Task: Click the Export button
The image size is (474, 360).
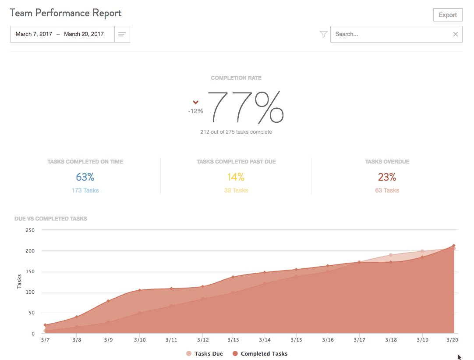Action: (x=448, y=15)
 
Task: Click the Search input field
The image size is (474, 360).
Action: (x=390, y=34)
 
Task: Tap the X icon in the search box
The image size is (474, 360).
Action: (x=455, y=34)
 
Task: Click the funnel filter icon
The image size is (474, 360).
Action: (x=324, y=34)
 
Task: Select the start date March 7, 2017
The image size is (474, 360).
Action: (x=34, y=34)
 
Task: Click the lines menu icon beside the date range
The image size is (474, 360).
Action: (x=122, y=34)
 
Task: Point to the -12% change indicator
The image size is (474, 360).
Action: (x=195, y=111)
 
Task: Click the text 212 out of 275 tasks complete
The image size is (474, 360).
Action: (x=236, y=132)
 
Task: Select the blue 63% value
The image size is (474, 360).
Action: (x=85, y=177)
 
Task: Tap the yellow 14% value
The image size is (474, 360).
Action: (x=236, y=177)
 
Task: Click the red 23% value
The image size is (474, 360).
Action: (x=387, y=177)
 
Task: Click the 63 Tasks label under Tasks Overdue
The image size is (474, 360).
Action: (x=387, y=190)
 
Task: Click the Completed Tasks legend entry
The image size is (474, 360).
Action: (x=260, y=353)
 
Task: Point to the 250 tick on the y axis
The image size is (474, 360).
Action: (x=30, y=230)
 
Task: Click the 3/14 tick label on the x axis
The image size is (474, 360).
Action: (x=264, y=340)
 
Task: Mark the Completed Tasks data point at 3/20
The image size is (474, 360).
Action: (x=453, y=246)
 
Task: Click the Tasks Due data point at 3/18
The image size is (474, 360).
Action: (x=390, y=255)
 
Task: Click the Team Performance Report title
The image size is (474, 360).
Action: (x=66, y=13)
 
